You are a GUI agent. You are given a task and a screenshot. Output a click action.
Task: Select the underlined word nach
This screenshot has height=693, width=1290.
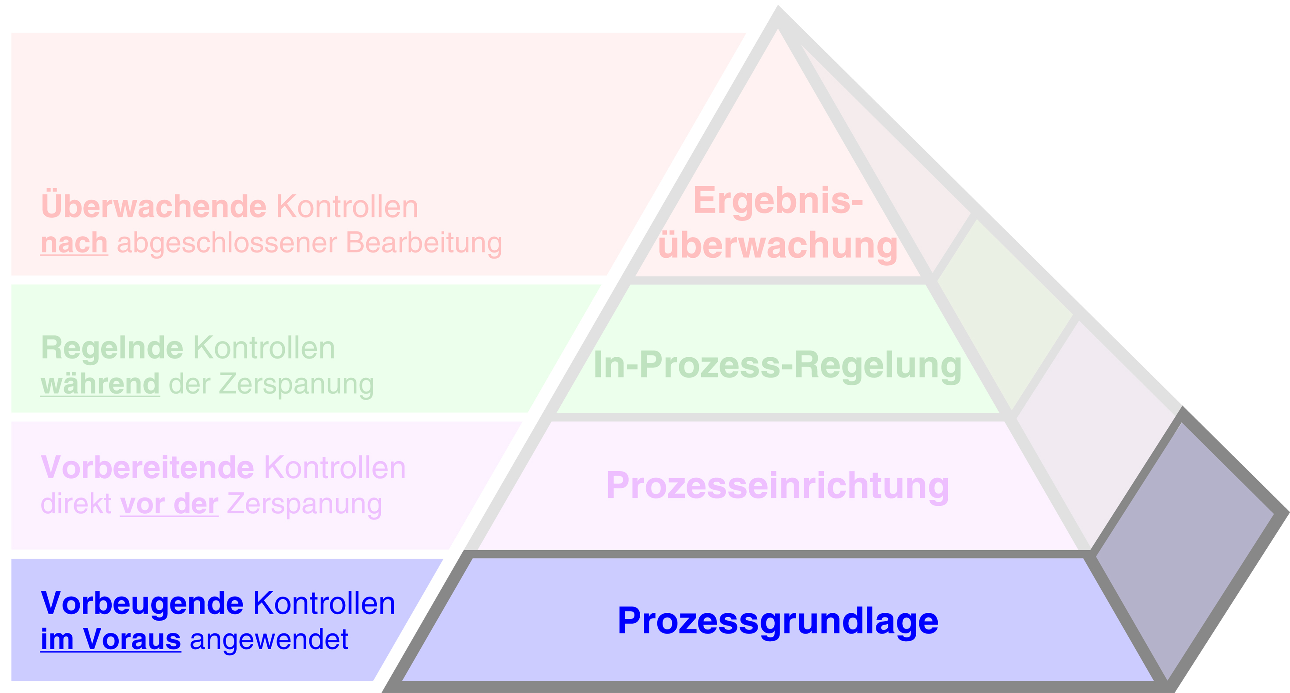coord(74,243)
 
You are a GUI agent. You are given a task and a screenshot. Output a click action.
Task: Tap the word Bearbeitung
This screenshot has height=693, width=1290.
coord(424,243)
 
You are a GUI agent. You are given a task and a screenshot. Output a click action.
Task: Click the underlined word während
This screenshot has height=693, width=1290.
coord(100,384)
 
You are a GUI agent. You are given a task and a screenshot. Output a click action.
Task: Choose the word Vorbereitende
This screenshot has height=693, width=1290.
coord(147,468)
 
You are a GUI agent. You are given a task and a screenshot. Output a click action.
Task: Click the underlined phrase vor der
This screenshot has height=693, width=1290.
coord(169,504)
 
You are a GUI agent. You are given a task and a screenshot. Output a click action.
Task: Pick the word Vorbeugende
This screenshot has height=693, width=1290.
coord(142,603)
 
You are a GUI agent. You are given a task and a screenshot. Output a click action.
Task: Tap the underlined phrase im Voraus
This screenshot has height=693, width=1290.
coord(111,640)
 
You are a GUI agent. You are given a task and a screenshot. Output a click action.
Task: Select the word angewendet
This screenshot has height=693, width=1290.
coord(269,640)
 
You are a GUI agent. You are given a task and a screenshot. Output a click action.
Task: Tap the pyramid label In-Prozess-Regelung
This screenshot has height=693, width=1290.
coord(778,365)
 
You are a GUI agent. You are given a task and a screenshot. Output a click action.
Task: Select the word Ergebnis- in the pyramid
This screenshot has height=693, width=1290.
coord(778,200)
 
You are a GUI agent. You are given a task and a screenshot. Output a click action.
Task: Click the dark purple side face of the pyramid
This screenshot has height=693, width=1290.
coord(1187,541)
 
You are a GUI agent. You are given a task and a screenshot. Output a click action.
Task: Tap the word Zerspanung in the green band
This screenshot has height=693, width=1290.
coord(296,384)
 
